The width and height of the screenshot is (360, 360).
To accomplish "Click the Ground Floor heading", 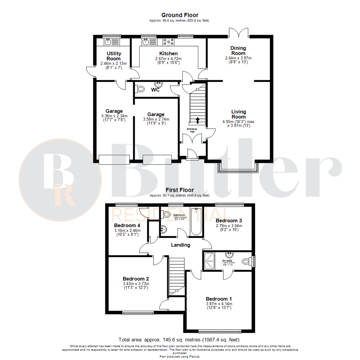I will [x=180, y=15].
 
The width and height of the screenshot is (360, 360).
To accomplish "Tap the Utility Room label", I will [x=114, y=56].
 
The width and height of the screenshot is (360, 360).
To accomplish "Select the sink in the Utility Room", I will [x=108, y=42].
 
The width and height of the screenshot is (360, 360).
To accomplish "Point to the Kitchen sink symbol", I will [x=146, y=42].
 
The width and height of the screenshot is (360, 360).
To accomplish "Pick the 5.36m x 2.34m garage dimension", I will [x=114, y=116].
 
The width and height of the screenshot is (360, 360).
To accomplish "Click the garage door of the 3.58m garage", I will [x=157, y=159].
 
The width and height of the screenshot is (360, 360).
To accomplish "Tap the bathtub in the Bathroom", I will [x=196, y=222].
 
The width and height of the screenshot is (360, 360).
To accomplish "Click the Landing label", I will [x=180, y=245].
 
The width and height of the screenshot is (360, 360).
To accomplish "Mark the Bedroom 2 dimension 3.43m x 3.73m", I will [x=136, y=284].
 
